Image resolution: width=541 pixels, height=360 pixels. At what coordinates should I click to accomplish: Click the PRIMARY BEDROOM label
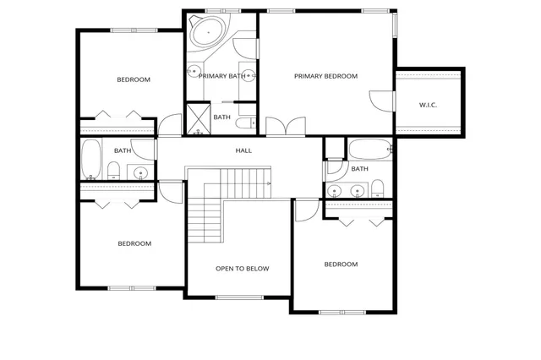click(325, 76)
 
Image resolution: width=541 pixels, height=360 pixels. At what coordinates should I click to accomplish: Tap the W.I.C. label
click(428, 105)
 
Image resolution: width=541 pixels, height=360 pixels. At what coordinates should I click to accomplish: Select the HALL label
click(243, 150)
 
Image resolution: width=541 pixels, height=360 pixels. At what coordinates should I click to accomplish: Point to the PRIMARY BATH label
click(221, 76)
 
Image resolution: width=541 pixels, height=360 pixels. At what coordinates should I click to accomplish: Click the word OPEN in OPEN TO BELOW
click(225, 269)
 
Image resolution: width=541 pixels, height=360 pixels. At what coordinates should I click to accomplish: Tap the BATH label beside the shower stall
click(222, 117)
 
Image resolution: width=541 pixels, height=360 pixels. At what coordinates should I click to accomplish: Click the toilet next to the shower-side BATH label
click(243, 124)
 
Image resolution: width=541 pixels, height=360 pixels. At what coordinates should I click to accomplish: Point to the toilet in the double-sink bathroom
click(377, 188)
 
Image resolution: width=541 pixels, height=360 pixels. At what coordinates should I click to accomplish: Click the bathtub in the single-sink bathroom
click(90, 160)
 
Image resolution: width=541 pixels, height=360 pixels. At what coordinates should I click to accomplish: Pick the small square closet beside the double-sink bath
click(334, 148)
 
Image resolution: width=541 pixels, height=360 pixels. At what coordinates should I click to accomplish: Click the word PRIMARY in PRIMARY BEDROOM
click(309, 76)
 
